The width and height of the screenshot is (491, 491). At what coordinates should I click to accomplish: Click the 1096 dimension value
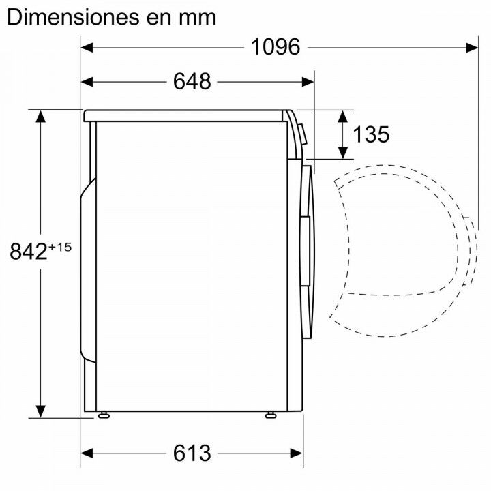pyautogui.click(x=276, y=47)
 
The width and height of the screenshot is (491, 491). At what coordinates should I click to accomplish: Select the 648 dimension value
pyautogui.click(x=192, y=82)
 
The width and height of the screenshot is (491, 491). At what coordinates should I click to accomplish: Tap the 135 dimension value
pyautogui.click(x=371, y=134)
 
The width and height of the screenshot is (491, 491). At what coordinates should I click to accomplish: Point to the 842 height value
pyautogui.click(x=28, y=252)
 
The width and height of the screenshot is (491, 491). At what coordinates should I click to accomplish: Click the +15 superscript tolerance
pyautogui.click(x=60, y=247)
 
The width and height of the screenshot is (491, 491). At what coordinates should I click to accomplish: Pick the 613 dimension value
pyautogui.click(x=192, y=453)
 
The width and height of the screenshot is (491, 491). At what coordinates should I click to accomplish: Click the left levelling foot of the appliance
pyautogui.click(x=104, y=414)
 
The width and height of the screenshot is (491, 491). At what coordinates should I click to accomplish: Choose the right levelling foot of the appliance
pyautogui.click(x=270, y=414)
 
